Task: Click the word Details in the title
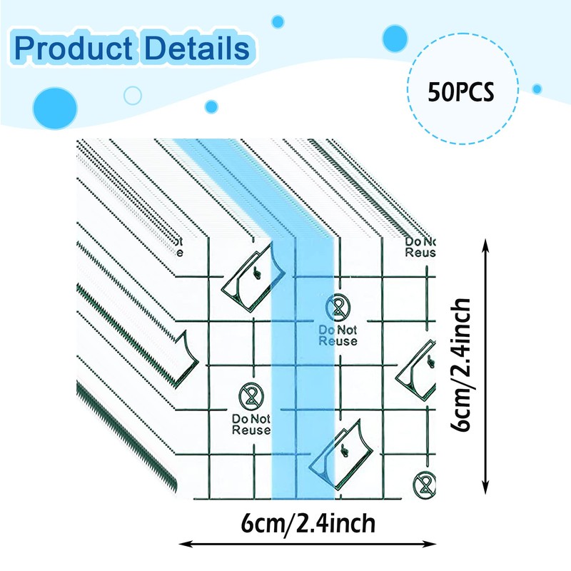point(194,48)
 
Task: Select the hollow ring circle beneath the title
point(132,95)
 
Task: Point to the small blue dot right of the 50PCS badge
point(537,89)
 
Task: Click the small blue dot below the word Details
point(211,106)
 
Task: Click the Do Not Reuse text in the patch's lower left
point(251,424)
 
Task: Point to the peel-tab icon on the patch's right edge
point(418,369)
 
